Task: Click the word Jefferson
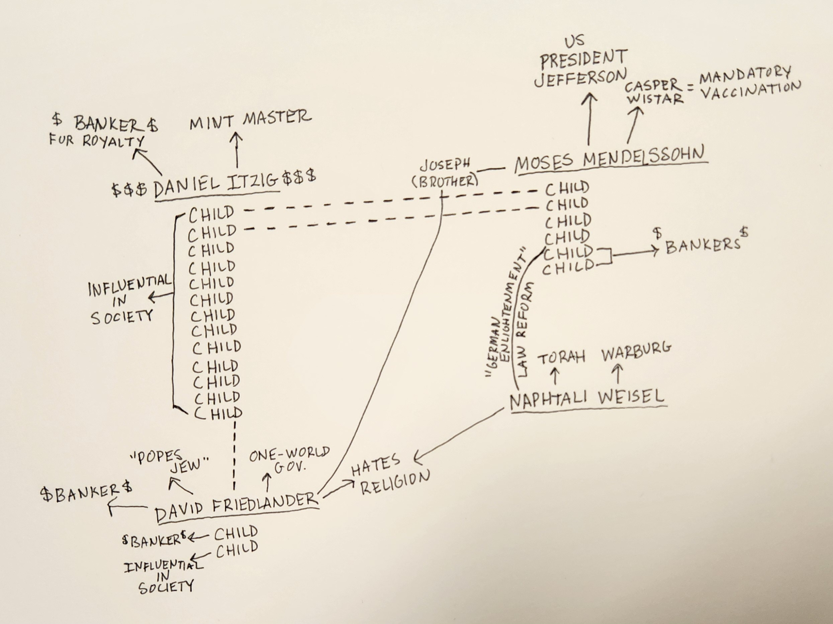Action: [580, 78]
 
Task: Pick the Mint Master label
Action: [251, 120]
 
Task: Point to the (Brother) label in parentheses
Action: [445, 182]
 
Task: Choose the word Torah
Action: [561, 357]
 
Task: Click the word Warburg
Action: [636, 352]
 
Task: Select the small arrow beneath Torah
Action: [555, 376]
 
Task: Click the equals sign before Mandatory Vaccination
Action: [690, 88]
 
